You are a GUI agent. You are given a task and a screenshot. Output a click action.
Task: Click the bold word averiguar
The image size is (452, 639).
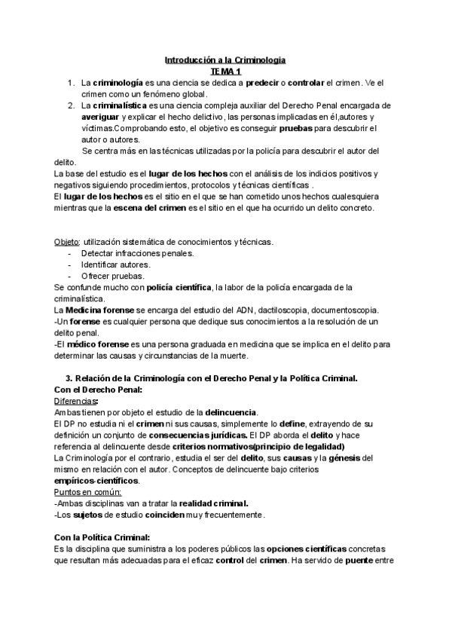pyautogui.click(x=99, y=117)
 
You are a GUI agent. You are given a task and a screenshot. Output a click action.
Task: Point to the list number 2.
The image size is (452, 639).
pyautogui.click(x=69, y=105)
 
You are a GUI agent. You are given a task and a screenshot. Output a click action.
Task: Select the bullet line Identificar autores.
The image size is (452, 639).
pyautogui.click(x=115, y=264)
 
